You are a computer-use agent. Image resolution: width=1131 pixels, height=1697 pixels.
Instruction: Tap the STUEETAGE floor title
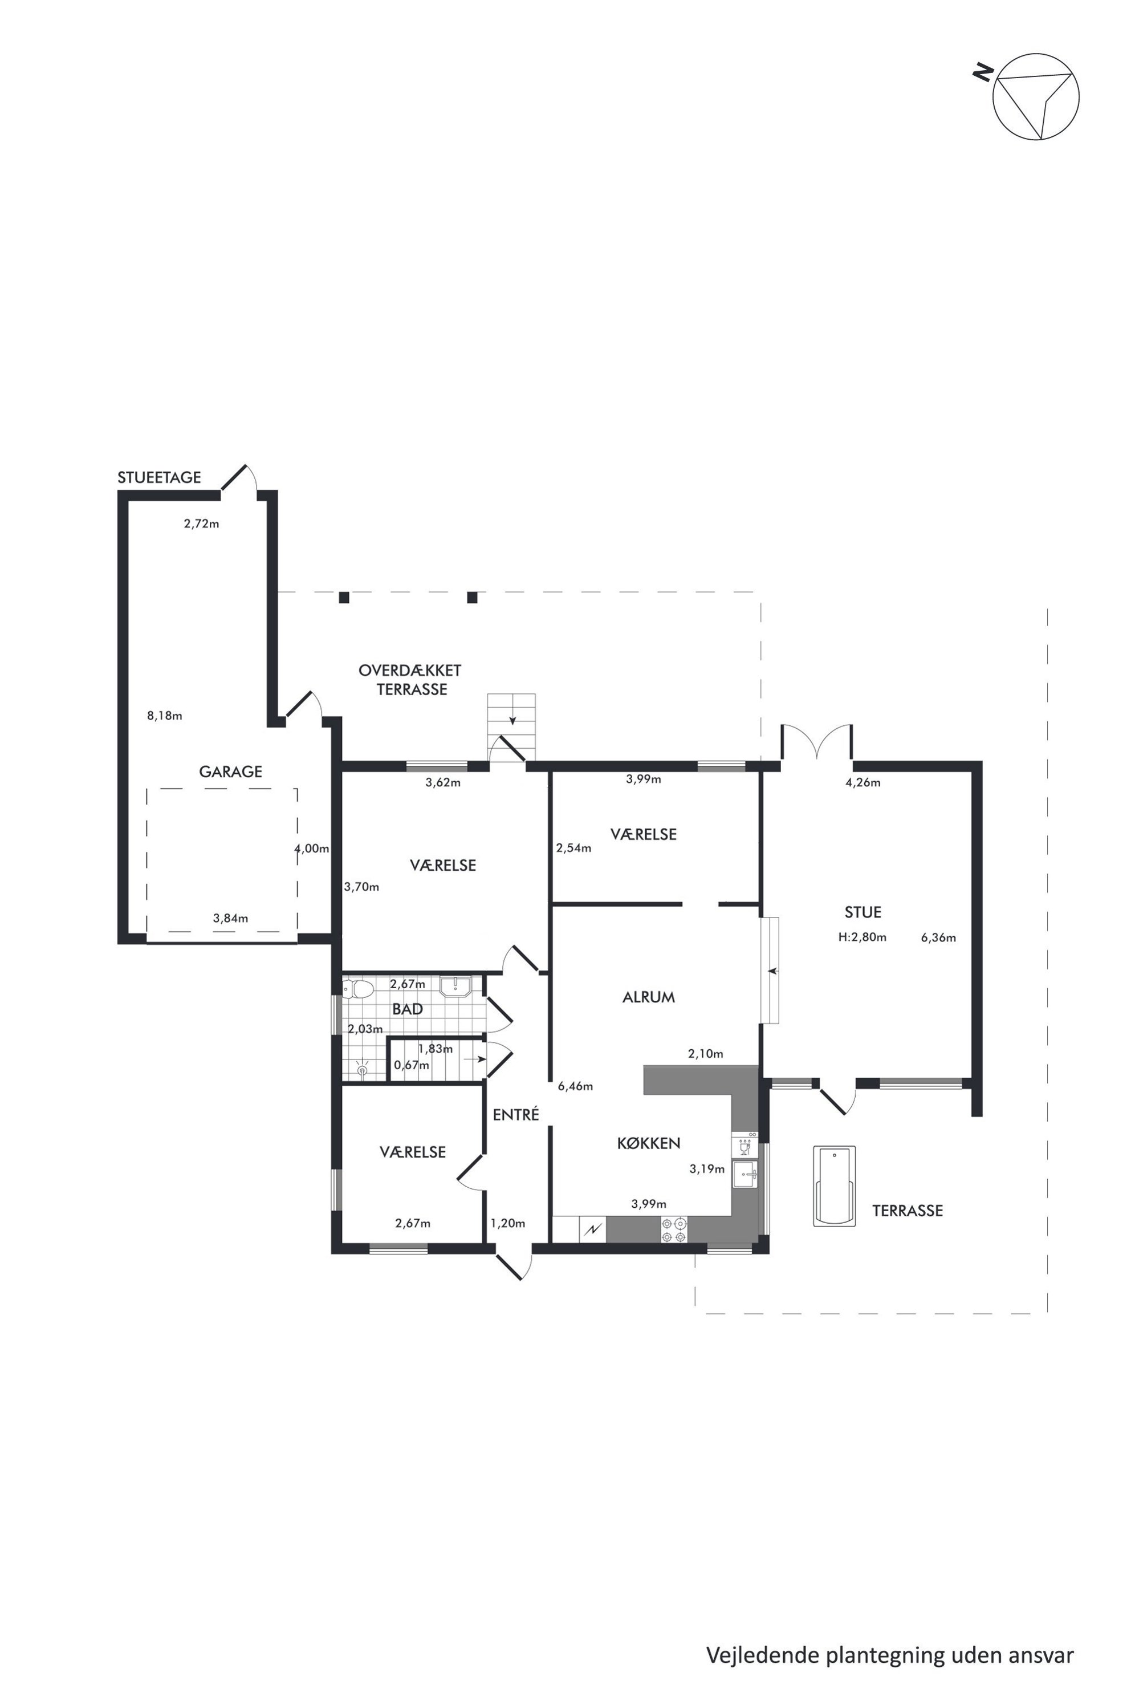[x=160, y=478]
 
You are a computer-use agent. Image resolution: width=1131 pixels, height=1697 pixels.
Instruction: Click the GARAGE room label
[x=231, y=772]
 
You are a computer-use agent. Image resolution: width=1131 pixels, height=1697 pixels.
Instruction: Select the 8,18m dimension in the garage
[x=164, y=716]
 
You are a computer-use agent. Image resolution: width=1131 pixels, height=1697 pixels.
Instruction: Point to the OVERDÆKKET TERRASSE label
[x=410, y=680]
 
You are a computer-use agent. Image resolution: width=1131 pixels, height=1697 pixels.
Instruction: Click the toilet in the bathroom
[x=358, y=988]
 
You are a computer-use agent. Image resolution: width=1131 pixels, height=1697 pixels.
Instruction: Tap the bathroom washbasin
[x=455, y=986]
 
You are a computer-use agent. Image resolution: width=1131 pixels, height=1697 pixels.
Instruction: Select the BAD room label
[x=408, y=1009]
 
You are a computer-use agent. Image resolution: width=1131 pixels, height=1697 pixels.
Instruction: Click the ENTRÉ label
[x=516, y=1114]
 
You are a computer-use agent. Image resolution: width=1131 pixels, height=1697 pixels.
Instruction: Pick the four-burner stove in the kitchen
[x=674, y=1229]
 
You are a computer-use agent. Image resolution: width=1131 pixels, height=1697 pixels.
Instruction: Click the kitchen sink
[x=745, y=1174]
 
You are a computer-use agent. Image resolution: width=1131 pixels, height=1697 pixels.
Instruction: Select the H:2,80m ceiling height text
[x=862, y=937]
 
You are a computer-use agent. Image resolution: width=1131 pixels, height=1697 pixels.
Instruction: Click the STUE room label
[x=863, y=912]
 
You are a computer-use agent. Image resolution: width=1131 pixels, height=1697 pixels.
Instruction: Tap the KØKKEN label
[x=649, y=1143]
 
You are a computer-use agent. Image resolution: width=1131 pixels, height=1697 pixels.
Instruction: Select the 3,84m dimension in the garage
[x=230, y=919]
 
